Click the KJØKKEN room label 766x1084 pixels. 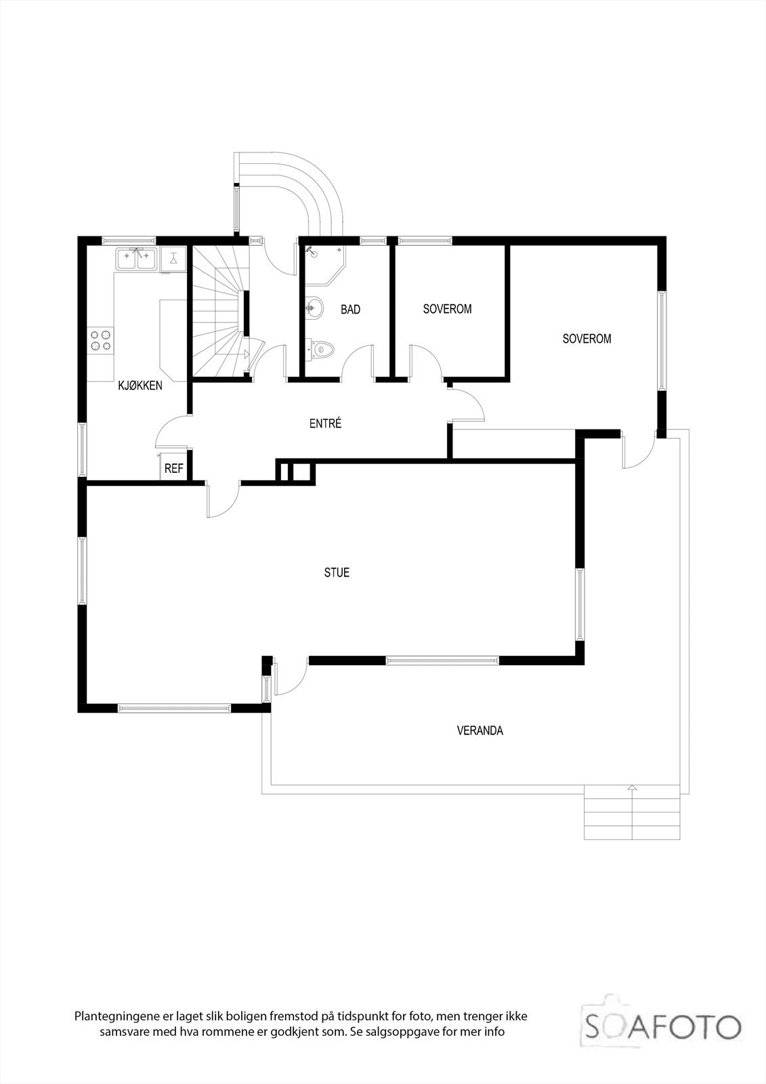[140, 385]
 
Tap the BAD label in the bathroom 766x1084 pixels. [350, 310]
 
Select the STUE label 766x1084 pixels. [337, 572]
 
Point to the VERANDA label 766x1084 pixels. [480, 731]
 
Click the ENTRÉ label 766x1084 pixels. [325, 424]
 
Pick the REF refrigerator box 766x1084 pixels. [174, 467]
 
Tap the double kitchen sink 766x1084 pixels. [137, 258]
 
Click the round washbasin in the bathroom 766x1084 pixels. [314, 308]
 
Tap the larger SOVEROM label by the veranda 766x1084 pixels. [587, 339]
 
